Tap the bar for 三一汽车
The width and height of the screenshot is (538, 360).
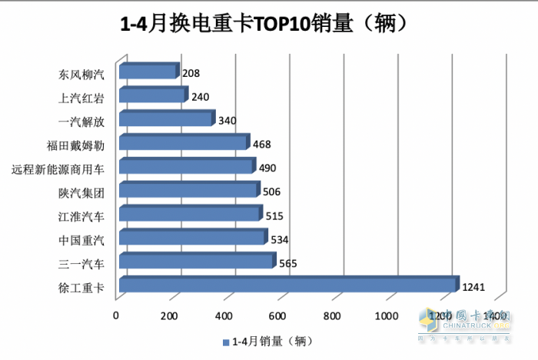pos(196,262)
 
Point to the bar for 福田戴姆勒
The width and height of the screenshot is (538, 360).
pos(183,144)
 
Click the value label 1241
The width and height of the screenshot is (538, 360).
pos(473,287)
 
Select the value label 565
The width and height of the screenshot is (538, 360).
pos(287,263)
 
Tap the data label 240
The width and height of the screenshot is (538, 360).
pos(200,98)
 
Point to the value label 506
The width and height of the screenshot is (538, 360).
pos(271,192)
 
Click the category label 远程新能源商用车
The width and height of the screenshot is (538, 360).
pos(59,168)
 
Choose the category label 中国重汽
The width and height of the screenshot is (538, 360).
pos(81,240)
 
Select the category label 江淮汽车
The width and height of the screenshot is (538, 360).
pos(81,216)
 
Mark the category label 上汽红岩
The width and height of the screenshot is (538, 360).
pos(81,98)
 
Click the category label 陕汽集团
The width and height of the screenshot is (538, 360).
pos(81,192)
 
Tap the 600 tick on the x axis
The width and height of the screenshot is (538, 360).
pos(277,315)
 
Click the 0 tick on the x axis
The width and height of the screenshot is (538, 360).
pos(116,315)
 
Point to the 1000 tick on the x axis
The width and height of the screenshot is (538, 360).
pos(387,315)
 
